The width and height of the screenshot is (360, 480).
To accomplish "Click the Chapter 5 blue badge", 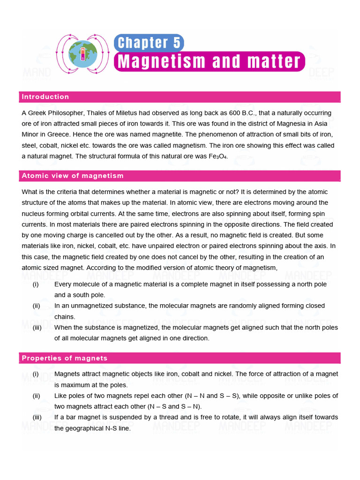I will pyautogui.click(x=149, y=43).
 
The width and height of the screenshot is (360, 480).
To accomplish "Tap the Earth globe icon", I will pyautogui.click(x=83, y=51).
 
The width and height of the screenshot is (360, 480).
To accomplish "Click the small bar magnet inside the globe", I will pyautogui.click(x=83, y=53).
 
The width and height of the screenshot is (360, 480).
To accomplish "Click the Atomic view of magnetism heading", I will pyautogui.click(x=73, y=176).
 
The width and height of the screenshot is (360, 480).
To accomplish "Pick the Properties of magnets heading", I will pyautogui.click(x=65, y=358).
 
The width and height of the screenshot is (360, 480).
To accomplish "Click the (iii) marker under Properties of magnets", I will pyautogui.click(x=37, y=417).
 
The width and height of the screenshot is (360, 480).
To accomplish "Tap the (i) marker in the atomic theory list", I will pyautogui.click(x=36, y=284).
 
